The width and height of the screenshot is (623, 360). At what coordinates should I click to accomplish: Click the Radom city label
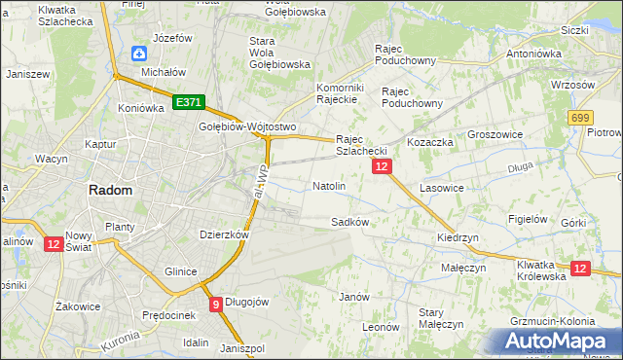click(x=110, y=191)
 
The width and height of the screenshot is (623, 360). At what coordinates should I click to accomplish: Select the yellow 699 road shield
click(x=580, y=117)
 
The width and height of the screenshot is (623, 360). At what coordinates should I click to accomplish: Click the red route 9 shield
click(x=214, y=304)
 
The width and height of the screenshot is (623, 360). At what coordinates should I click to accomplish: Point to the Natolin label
click(x=328, y=185)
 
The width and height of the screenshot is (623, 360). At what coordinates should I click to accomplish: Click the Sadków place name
click(x=349, y=222)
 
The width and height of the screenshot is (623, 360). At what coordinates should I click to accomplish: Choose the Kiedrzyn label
click(x=457, y=237)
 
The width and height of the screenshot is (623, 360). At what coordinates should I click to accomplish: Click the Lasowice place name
click(x=441, y=187)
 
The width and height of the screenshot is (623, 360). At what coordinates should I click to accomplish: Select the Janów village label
click(x=352, y=296)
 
